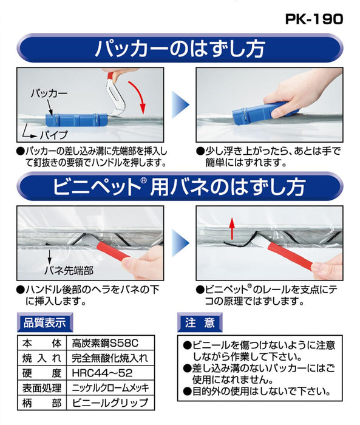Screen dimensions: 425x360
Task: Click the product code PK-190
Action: pos(314,18)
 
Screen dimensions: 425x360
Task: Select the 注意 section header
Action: pos(199,322)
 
